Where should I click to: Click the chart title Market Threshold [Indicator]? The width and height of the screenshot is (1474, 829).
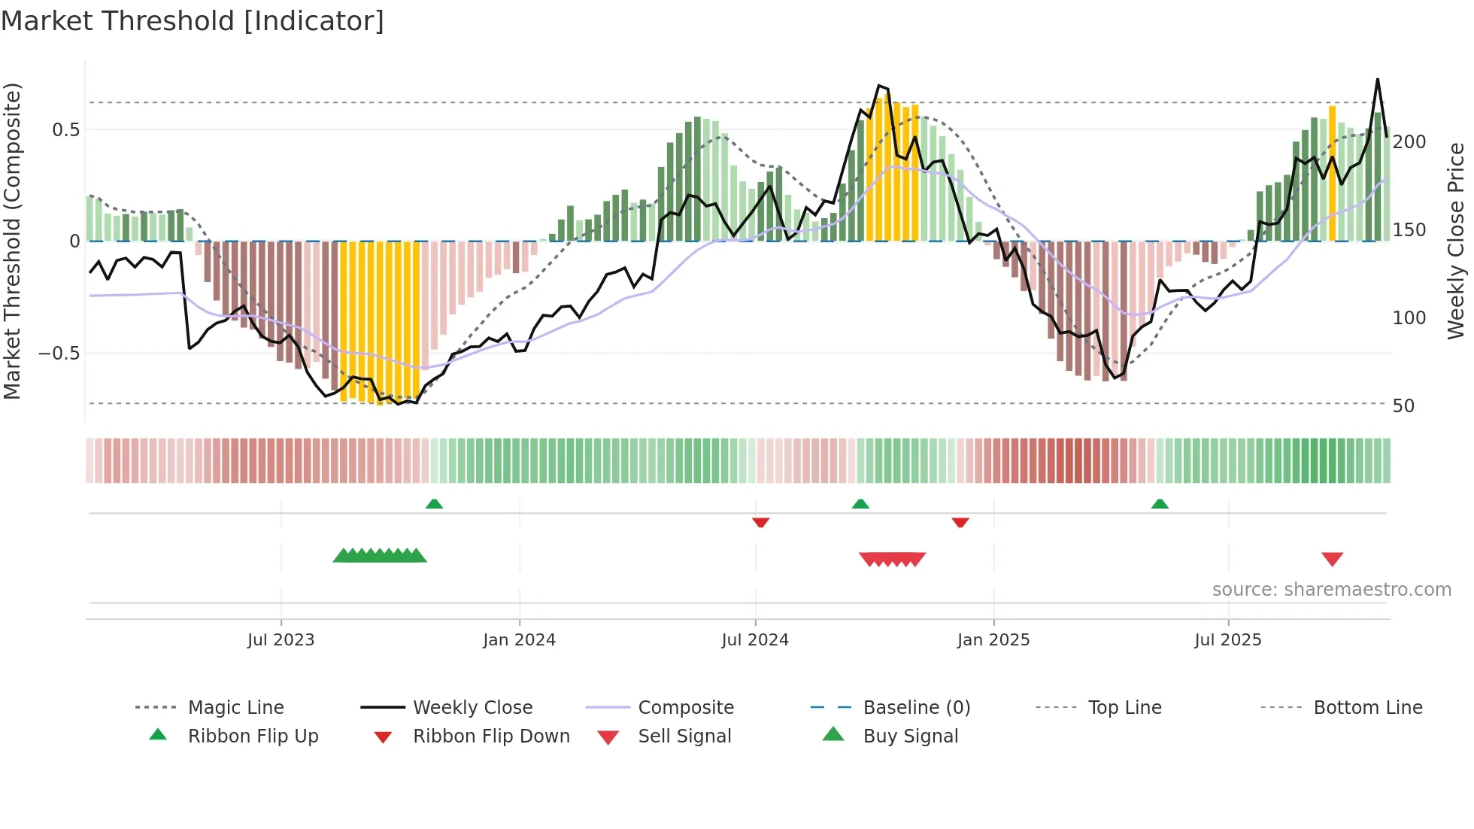point(193,21)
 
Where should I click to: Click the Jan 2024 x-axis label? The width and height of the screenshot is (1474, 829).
point(519,640)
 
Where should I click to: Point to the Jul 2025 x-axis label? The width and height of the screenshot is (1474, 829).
point(1227,640)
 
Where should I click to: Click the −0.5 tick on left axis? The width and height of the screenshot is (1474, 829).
point(59,354)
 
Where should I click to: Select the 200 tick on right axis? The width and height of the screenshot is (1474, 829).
point(1409,142)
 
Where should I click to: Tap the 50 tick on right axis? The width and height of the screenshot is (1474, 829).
point(1403,406)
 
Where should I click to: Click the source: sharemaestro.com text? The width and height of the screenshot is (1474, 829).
point(1331,590)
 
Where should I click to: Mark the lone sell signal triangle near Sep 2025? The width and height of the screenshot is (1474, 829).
point(1332,559)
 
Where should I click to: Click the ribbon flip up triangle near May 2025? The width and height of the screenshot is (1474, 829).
point(1160,504)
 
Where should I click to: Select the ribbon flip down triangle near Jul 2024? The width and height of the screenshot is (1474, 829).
point(760,522)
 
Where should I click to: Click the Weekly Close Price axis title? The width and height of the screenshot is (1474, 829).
point(1456,241)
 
